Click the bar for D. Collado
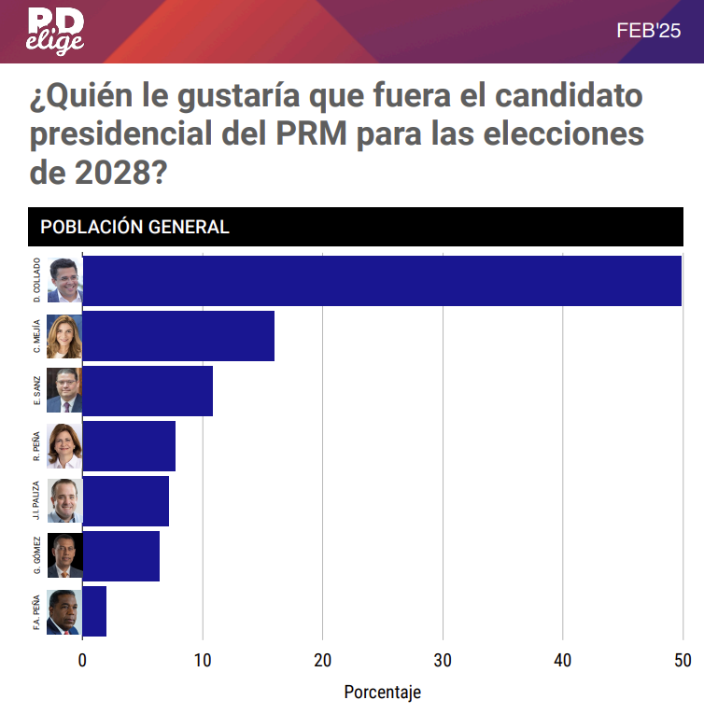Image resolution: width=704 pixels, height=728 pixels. [383, 281]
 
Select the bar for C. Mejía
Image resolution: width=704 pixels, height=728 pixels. [178, 336]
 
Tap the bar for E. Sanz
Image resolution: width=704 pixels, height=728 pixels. [148, 391]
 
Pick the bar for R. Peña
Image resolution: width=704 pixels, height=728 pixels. [129, 446]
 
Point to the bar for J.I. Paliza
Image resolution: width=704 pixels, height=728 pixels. [126, 501]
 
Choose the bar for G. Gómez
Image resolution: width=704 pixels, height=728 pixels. [121, 556]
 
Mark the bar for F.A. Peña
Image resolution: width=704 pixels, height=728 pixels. [94, 611]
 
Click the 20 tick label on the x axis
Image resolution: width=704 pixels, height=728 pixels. [322, 661]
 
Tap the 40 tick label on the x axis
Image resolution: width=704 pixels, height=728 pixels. [562, 661]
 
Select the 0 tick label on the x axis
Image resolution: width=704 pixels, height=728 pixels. [82, 661]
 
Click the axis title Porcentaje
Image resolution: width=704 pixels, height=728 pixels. [382, 693]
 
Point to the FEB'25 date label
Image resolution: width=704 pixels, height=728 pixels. [649, 31]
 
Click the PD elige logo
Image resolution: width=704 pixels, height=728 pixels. [55, 31]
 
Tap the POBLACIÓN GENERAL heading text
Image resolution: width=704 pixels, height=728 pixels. [134, 227]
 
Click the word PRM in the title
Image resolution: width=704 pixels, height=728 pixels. [313, 134]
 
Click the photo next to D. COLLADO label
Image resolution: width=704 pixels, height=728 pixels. [64, 281]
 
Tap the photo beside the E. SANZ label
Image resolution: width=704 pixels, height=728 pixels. [64, 391]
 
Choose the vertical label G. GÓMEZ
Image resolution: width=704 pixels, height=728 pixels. [36, 555]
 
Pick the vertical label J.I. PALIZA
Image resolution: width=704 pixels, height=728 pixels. [36, 501]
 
